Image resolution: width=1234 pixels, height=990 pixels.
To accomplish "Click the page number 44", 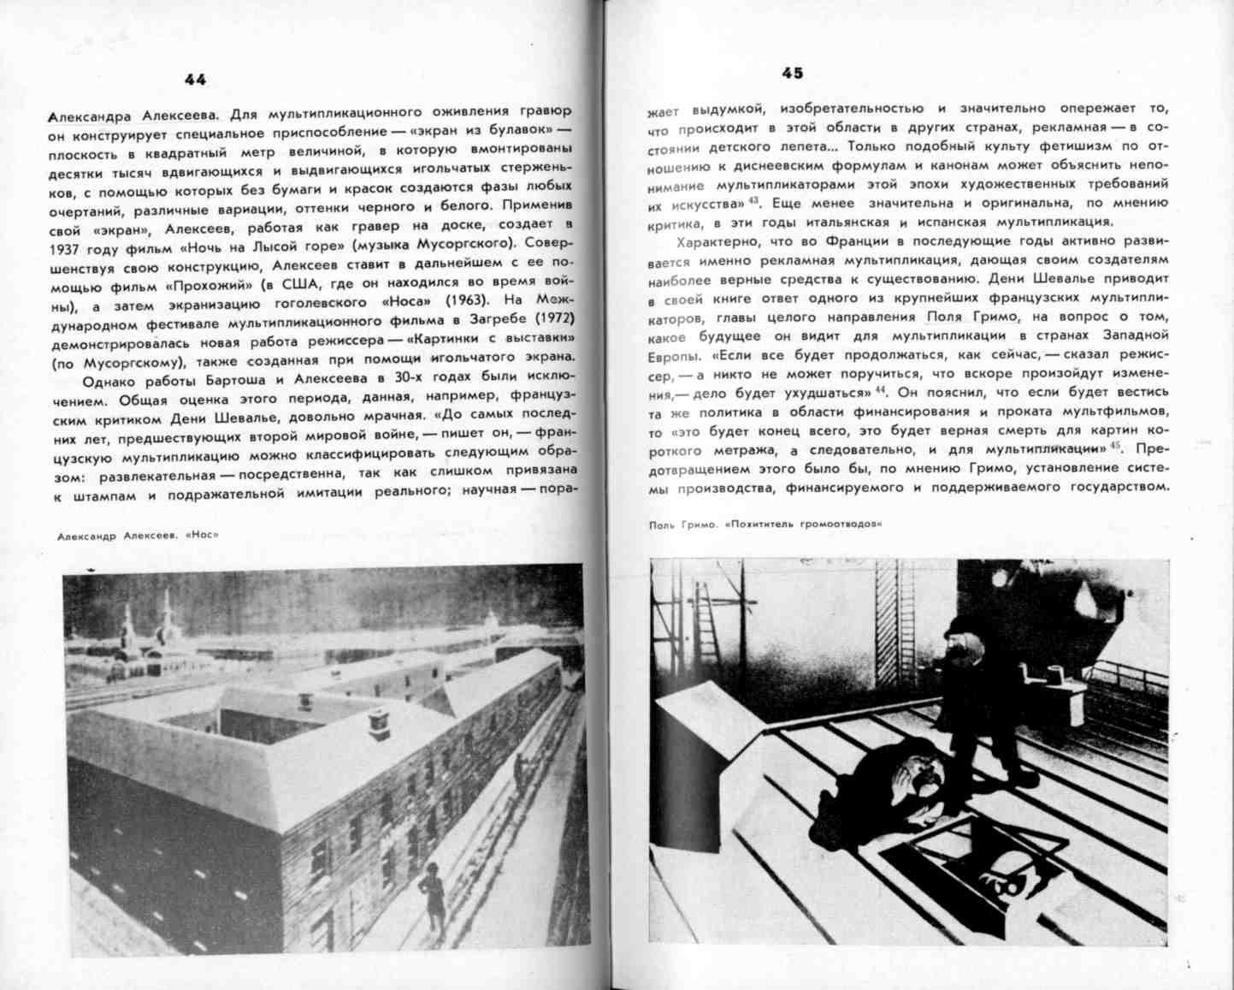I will [x=195, y=80].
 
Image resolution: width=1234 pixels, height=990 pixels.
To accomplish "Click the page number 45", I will [x=792, y=74].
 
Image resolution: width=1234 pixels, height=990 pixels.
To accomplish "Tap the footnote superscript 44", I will [x=879, y=390].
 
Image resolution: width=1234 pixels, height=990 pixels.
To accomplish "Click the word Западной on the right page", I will [x=1131, y=335].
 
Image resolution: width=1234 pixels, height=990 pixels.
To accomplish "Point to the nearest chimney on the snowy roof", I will [x=377, y=723].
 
